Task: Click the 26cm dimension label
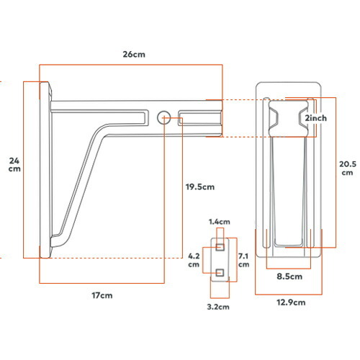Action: coord(134,54)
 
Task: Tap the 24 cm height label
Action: coord(14,164)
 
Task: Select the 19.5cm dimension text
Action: coord(200,186)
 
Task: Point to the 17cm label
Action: coord(102,295)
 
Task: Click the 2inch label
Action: coord(315,118)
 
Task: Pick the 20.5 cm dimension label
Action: coord(348,168)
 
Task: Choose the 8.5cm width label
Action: coord(289,276)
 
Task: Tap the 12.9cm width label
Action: coord(291,302)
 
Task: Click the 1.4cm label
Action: coord(220,222)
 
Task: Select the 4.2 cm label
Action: coord(194,260)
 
